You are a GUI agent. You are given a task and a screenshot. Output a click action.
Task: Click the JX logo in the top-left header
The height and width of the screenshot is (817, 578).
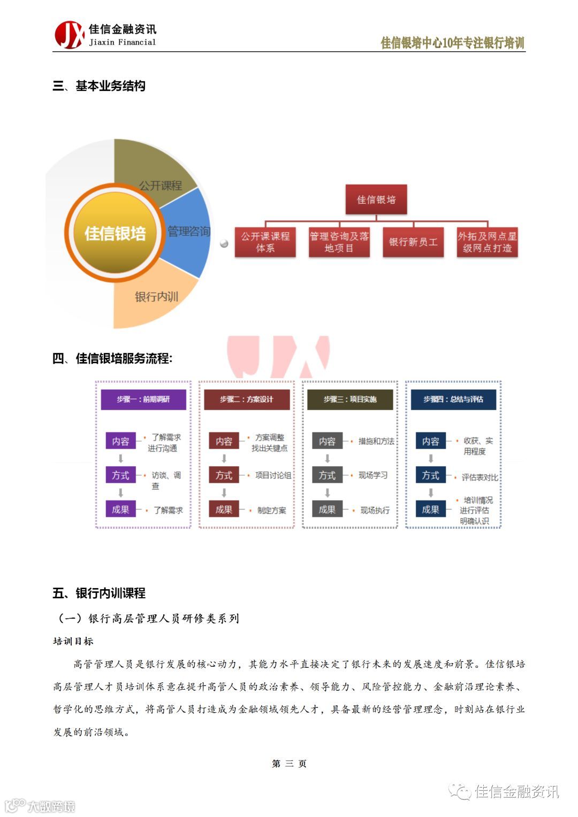tap(70, 35)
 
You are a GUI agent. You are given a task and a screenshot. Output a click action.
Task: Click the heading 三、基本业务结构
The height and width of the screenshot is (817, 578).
tap(99, 86)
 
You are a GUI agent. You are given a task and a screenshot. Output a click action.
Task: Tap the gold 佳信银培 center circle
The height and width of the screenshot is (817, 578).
tap(115, 233)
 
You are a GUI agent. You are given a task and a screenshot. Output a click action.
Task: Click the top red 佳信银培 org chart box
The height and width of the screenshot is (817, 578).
tap(376, 199)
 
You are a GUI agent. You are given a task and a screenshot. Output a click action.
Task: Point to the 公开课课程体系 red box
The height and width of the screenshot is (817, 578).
tap(265, 242)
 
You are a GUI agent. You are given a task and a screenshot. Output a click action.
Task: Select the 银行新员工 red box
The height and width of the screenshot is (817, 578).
tap(413, 242)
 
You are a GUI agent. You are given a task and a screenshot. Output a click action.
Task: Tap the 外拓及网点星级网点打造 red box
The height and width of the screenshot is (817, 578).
tap(487, 242)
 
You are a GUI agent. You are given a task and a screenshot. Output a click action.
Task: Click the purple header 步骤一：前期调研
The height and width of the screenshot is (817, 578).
tap(143, 399)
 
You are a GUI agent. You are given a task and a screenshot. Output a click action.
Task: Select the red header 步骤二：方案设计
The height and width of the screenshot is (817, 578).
tap(247, 399)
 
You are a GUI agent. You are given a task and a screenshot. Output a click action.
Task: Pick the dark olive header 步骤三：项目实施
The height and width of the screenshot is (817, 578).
tap(350, 399)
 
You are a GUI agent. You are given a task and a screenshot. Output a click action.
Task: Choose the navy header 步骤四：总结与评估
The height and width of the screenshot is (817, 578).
tap(453, 399)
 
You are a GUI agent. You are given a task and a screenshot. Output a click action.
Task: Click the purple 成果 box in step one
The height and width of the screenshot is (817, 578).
tap(120, 510)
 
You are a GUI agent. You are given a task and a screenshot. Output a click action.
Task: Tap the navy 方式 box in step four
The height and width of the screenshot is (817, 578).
tap(430, 475)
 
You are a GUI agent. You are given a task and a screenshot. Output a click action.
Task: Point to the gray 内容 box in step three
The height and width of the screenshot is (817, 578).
tap(327, 441)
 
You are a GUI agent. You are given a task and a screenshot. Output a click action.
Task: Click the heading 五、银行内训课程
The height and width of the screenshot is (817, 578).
tap(99, 593)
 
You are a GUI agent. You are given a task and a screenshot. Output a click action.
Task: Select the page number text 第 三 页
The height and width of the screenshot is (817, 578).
tap(289, 764)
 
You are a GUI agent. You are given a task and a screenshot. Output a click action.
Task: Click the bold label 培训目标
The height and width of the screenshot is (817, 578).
tap(73, 641)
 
